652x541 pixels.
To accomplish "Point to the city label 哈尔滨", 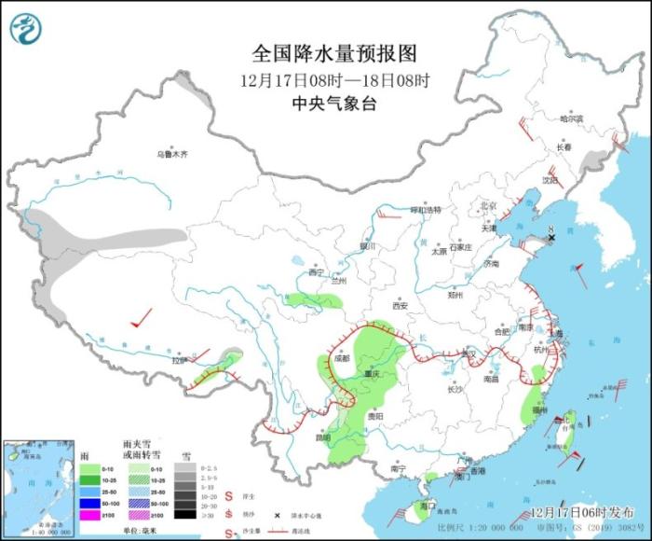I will (571, 118).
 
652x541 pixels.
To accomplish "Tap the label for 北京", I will (487, 204).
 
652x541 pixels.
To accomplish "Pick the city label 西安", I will (401, 305).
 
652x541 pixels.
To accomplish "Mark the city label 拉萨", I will (178, 359).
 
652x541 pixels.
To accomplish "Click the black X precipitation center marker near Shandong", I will (551, 239).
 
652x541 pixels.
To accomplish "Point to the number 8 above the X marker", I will (551, 227).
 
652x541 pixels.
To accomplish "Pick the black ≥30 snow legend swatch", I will (183, 515).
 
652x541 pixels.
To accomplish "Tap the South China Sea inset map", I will (37, 485).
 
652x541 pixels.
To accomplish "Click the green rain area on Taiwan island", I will (570, 422).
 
